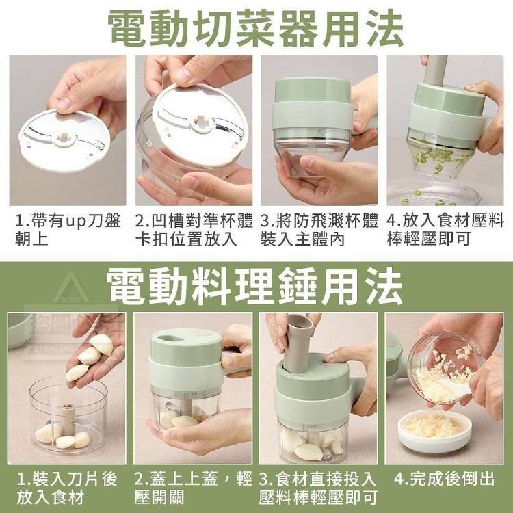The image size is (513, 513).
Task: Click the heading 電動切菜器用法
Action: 256,29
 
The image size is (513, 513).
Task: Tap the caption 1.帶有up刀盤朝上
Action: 68,229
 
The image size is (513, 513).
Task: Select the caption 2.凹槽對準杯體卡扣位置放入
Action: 194,229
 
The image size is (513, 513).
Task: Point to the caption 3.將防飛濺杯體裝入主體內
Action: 319,229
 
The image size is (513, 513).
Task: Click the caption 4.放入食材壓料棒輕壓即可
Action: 445,229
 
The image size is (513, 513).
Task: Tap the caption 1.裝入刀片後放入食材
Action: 67,488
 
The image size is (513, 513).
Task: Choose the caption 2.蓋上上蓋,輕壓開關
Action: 193,488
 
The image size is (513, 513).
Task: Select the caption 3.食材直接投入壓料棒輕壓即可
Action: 317,488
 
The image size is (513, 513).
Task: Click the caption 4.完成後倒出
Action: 444,479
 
